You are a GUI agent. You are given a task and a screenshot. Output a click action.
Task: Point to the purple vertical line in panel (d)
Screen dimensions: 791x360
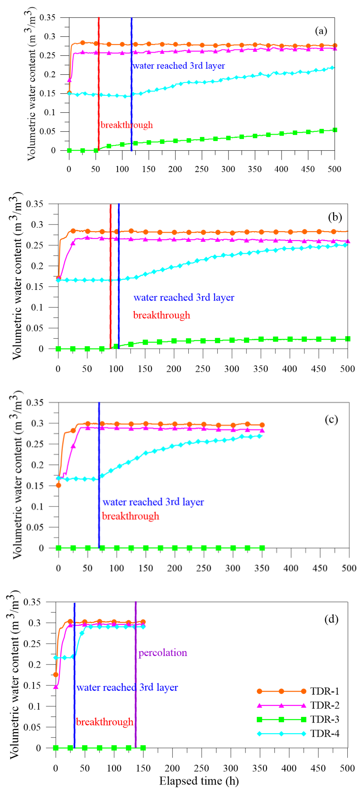coord(136,676)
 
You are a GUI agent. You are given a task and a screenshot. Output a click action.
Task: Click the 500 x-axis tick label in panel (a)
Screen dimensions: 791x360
coord(334,169)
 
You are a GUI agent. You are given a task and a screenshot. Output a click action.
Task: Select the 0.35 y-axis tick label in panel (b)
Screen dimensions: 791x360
coord(34,204)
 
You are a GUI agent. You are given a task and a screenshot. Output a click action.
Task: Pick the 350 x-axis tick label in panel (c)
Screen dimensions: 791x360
coord(262,568)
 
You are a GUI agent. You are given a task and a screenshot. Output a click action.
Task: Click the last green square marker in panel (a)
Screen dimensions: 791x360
coord(335,130)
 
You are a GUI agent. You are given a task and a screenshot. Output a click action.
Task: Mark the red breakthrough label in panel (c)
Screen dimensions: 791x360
coord(130,516)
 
